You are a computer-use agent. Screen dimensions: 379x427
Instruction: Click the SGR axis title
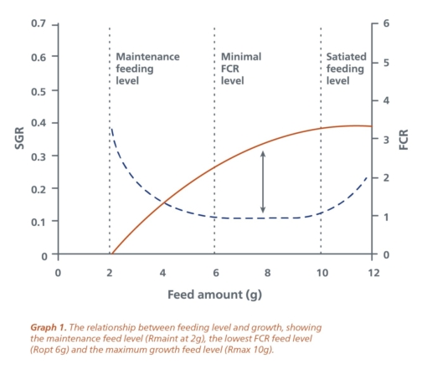click(19, 140)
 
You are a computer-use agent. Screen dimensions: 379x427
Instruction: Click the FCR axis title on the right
click(404, 140)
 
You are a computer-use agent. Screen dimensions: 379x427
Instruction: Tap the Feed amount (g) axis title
click(214, 294)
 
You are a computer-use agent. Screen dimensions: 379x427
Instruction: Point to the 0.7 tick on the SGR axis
click(38, 23)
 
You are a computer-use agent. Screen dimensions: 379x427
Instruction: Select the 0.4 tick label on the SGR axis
click(38, 123)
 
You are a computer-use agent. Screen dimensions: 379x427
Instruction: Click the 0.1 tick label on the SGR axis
click(38, 222)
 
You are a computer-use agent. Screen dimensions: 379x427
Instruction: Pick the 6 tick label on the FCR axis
click(386, 23)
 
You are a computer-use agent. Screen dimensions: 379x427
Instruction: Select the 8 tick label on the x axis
click(267, 273)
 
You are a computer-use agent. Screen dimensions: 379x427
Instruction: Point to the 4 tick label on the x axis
click(162, 273)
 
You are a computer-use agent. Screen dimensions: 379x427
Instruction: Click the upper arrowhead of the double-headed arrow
click(263, 153)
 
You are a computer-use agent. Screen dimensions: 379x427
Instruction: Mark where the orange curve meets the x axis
click(111, 254)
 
